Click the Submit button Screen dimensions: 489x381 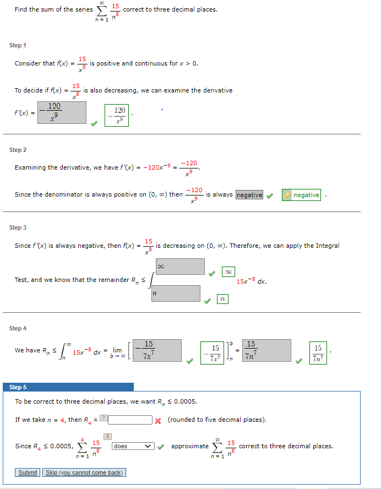click(28, 472)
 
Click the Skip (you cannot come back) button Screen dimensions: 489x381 click(84, 472)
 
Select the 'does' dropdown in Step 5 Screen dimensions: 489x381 click(133, 446)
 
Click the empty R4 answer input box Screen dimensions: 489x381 click(130, 420)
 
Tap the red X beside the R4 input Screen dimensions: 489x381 click(157, 420)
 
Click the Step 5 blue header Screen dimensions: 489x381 click(68, 387)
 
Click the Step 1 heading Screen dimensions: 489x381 click(18, 45)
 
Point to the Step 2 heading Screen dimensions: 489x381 click(18, 150)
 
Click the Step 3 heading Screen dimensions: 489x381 click(18, 227)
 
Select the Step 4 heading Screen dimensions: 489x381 click(18, 328)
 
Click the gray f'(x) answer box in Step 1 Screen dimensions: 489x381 click(62, 112)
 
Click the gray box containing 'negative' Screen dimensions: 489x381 click(249, 195)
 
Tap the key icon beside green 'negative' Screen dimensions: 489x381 click(287, 195)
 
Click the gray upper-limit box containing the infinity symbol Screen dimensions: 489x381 click(180, 267)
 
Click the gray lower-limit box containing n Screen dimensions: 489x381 click(176, 294)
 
